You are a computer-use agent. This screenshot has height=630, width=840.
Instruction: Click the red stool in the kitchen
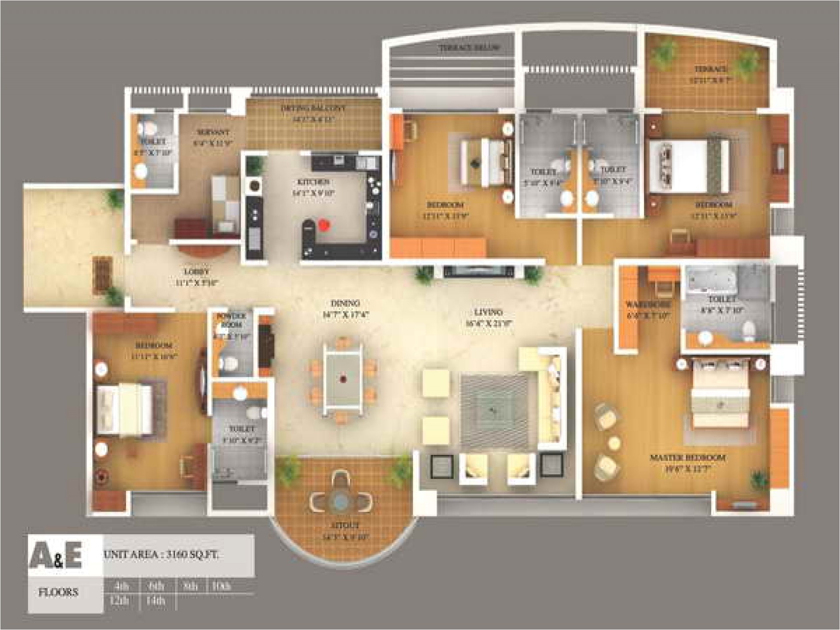[x=324, y=225]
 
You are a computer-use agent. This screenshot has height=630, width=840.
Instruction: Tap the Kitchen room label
[x=313, y=182]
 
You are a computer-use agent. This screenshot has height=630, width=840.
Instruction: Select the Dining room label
[x=345, y=303]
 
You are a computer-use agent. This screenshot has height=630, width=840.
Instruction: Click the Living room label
[x=488, y=312]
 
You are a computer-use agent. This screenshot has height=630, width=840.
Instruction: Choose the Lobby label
[x=196, y=272]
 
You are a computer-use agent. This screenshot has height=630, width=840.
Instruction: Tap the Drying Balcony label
[x=313, y=108]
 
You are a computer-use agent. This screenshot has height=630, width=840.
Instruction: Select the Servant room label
[x=213, y=132]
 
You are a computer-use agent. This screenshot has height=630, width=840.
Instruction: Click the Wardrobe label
[x=648, y=304]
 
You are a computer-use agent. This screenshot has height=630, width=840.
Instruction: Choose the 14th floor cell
[x=156, y=601]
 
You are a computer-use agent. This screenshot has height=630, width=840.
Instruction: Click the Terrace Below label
[x=469, y=48]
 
